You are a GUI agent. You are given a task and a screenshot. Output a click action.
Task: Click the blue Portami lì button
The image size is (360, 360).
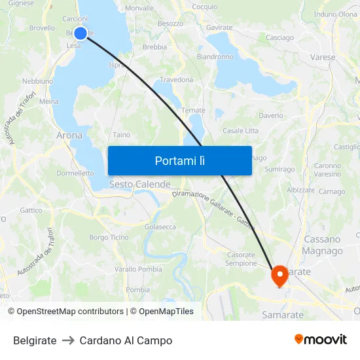[179, 160]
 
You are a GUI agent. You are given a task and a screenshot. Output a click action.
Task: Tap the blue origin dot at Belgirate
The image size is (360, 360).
[81, 33]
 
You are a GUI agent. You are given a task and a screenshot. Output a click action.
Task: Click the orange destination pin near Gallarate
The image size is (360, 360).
[280, 276]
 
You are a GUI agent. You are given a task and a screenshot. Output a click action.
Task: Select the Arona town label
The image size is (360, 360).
[69, 135]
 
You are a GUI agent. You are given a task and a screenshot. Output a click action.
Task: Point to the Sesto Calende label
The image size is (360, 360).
[139, 185]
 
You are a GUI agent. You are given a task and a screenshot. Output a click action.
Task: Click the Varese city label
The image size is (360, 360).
[323, 58]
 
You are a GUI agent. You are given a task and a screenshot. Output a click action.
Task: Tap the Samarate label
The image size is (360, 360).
[283, 315]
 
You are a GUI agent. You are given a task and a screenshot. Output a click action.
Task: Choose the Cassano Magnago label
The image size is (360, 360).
[322, 245]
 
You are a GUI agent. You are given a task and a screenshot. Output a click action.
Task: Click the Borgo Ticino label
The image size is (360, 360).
[109, 237]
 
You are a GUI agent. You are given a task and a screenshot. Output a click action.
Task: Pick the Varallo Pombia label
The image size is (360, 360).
[138, 269]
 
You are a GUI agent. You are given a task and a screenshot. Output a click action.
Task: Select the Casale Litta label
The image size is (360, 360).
[240, 131]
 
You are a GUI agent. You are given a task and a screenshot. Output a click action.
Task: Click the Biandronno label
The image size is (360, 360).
[215, 57]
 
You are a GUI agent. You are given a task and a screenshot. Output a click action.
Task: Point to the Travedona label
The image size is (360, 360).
[177, 80]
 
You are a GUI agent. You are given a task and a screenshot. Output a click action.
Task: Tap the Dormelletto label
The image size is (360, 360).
[75, 173]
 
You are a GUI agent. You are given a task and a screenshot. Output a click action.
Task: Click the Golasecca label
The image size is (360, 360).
[160, 226]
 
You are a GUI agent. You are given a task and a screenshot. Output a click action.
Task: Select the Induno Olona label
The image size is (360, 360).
[336, 14]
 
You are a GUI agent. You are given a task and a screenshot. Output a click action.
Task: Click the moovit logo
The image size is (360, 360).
[321, 339]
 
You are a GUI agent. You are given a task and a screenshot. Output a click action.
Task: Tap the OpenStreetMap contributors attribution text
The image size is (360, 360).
[69, 312]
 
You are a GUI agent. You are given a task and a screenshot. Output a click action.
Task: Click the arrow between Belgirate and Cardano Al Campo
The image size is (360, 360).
[68, 340]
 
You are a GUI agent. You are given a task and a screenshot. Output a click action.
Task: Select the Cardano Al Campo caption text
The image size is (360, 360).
[126, 340]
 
